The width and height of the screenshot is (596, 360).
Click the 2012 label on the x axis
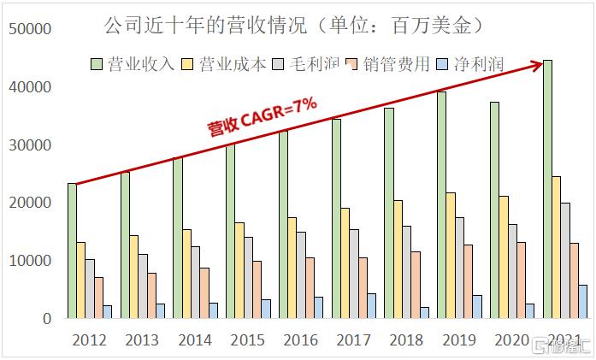(x=90, y=339)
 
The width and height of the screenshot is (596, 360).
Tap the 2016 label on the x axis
(x=300, y=339)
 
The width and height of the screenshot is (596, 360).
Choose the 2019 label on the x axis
(x=459, y=339)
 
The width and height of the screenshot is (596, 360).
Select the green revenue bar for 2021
(x=548, y=188)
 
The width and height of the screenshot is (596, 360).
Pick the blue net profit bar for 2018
(x=424, y=312)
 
